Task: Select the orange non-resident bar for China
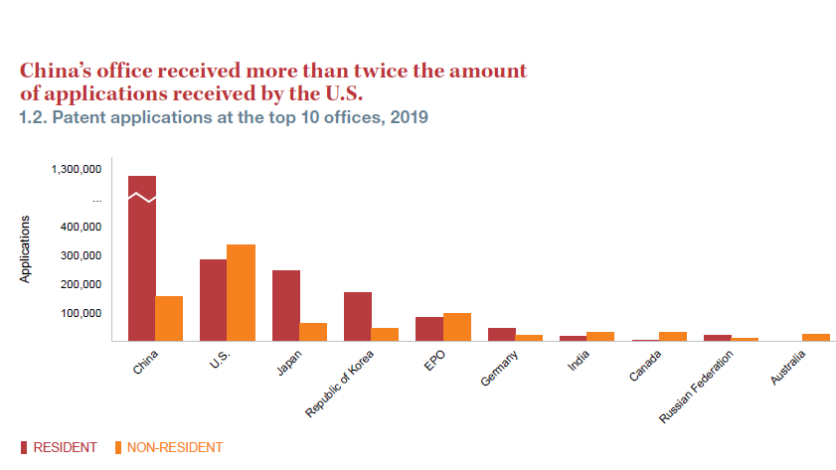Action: coord(169,318)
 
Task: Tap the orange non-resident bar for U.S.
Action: coord(241,292)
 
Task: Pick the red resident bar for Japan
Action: coord(286,305)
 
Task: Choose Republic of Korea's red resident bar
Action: coord(358,316)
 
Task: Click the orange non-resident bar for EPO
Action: coord(456,327)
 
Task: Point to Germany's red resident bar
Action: coord(502,334)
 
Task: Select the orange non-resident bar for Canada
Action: coord(672,336)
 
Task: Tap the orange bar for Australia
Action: coord(816,337)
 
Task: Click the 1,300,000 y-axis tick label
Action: coord(77,170)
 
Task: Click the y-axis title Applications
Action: coord(26,248)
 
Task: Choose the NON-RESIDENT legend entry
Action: coord(175,447)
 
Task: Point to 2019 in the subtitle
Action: coord(409,117)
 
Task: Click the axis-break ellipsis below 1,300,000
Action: coord(97,200)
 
